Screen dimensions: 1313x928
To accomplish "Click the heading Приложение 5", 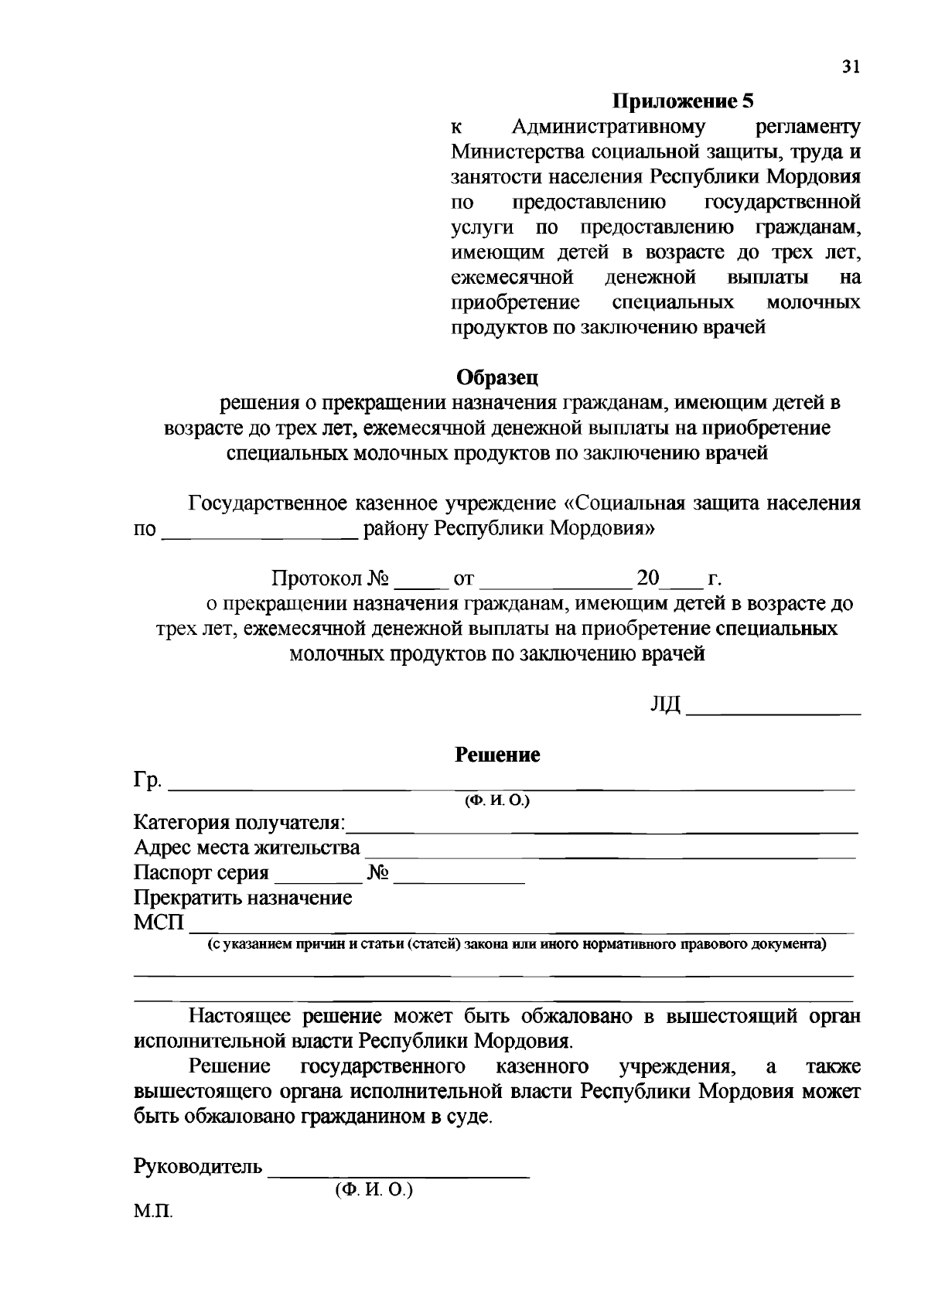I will (683, 101).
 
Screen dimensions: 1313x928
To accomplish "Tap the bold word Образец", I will (496, 377).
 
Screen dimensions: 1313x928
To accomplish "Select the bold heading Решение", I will (496, 755).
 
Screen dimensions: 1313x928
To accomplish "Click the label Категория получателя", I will (240, 822).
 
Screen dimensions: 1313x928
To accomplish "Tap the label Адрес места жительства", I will (247, 847).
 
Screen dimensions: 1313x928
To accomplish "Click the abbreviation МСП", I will (159, 923).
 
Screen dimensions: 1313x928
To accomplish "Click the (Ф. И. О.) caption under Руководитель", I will (374, 1191).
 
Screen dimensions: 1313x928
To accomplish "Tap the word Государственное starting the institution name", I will (268, 504).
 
